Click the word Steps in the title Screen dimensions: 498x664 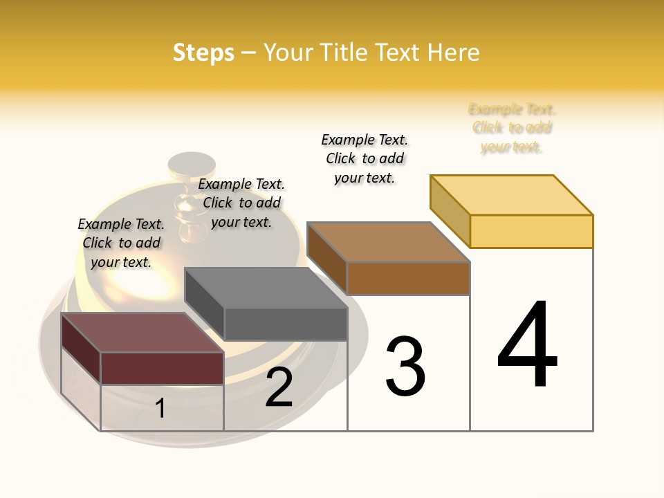[203, 53]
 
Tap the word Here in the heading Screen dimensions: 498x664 [454, 53]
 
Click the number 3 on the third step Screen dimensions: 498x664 [405, 366]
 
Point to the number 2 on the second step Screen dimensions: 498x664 [279, 387]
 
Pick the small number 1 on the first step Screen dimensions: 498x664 [160, 408]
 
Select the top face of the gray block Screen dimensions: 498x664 [266, 288]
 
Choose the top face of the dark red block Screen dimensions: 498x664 [142, 333]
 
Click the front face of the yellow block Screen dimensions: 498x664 [531, 231]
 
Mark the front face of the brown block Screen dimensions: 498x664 [408, 278]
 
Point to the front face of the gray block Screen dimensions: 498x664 [285, 324]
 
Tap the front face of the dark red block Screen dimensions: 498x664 [162, 367]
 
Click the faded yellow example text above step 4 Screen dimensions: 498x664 [512, 128]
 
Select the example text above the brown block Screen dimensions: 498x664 [365, 158]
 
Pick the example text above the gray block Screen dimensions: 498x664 [241, 203]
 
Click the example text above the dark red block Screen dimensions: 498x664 [121, 243]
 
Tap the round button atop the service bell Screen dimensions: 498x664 [192, 165]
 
